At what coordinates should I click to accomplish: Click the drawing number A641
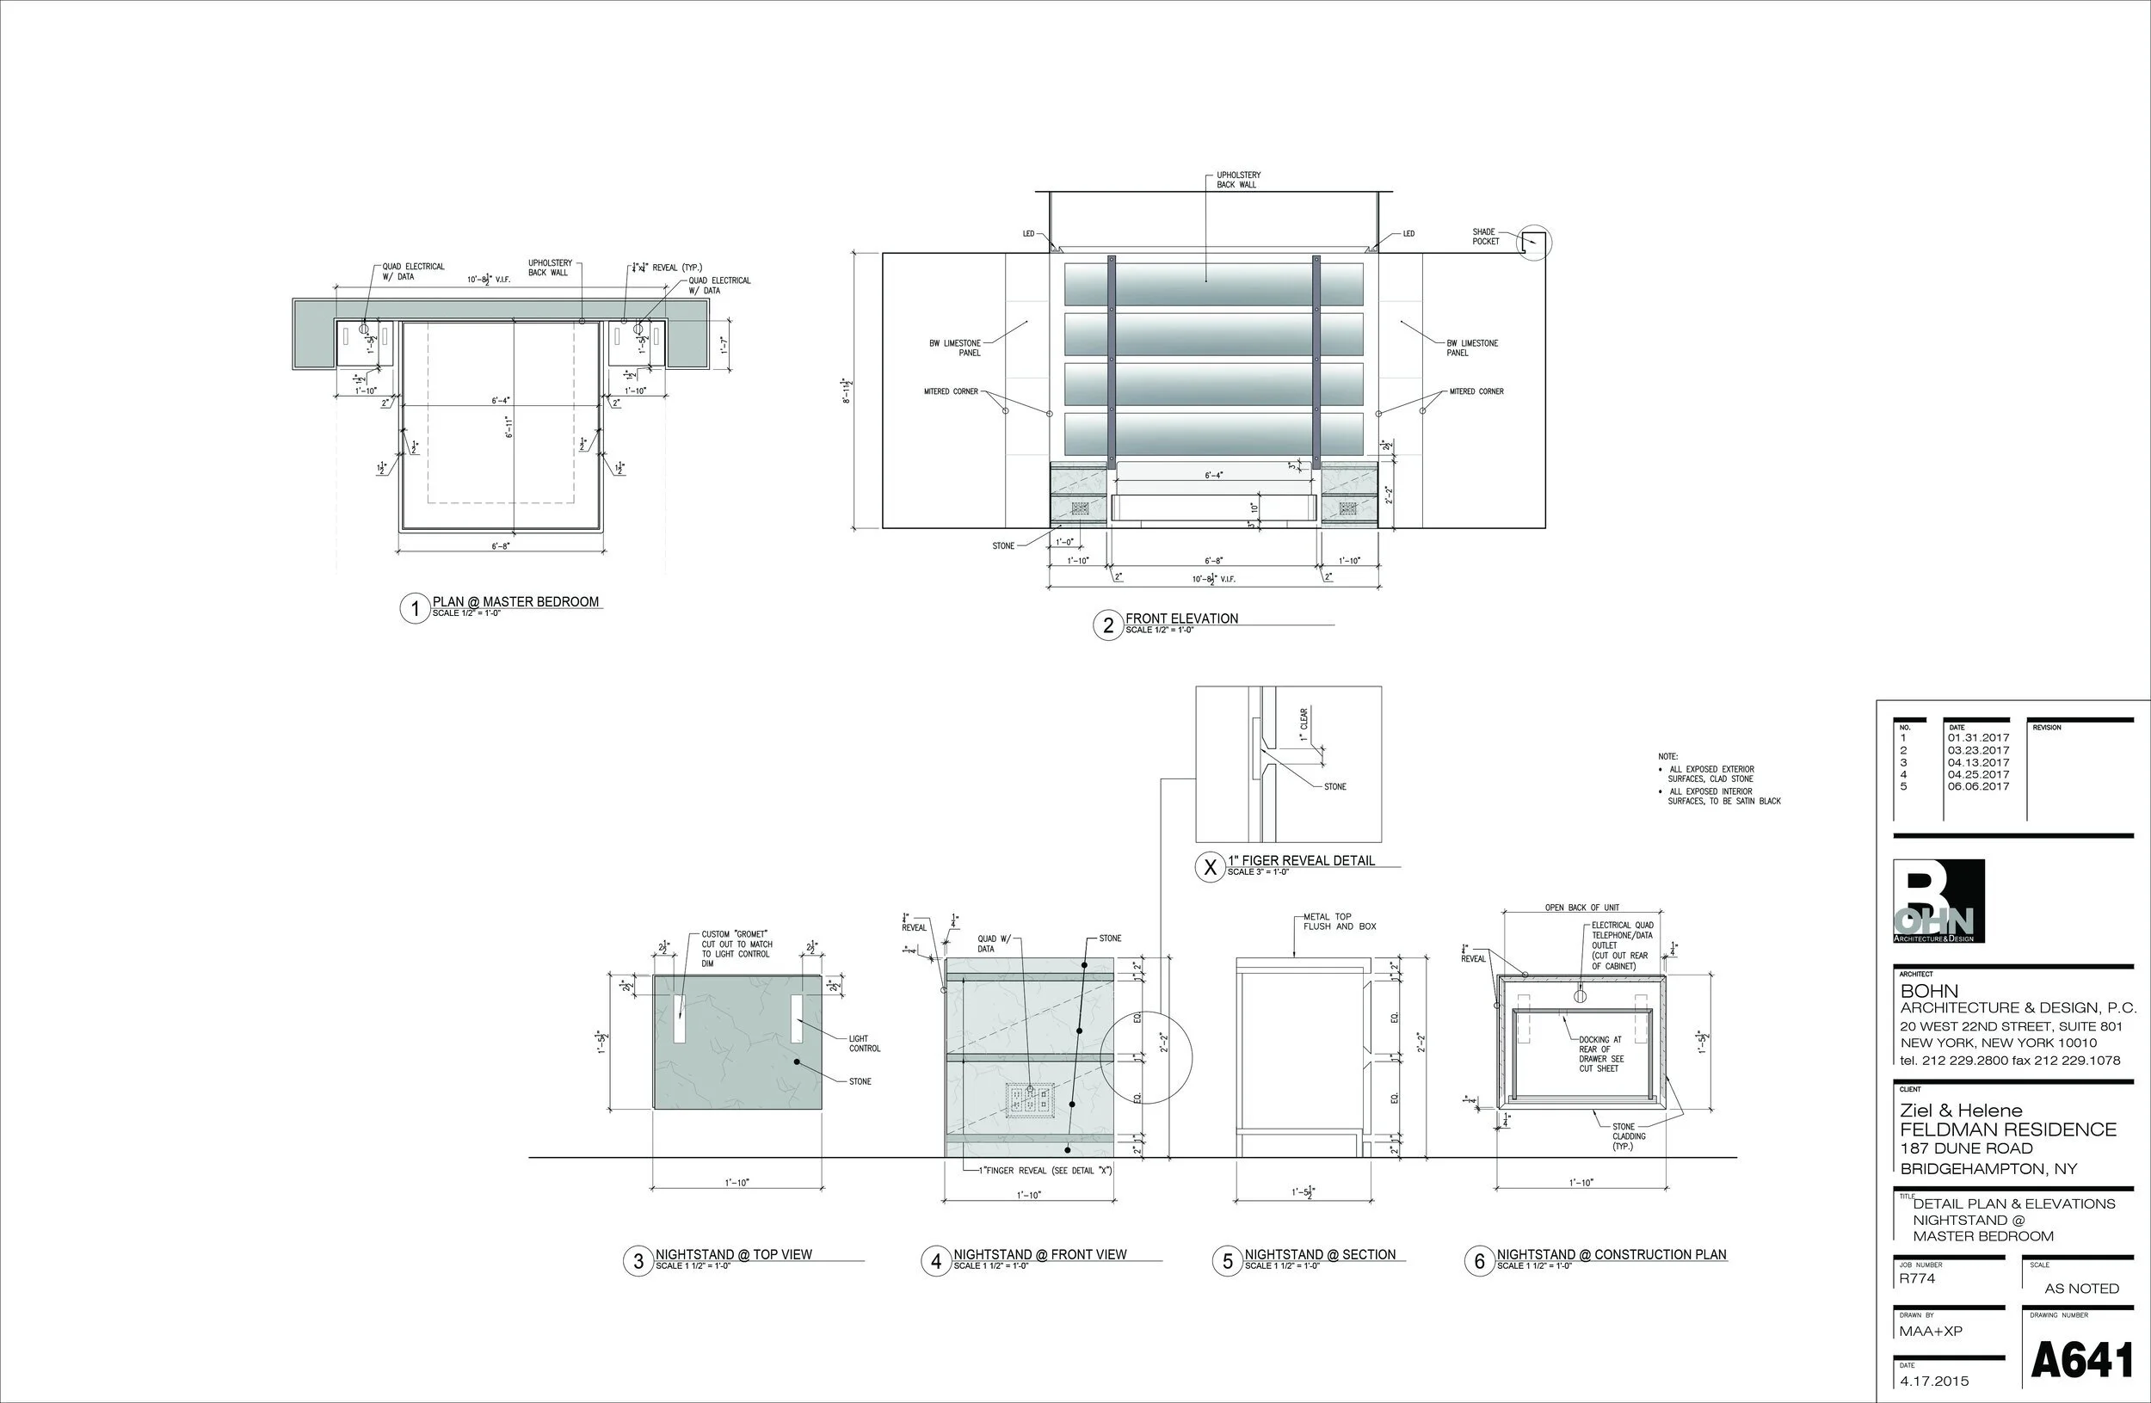2081,1361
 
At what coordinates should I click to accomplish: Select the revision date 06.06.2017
1978,786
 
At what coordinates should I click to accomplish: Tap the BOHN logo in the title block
1938,901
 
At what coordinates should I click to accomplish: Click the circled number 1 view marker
415,608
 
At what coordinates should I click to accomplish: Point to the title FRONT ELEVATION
1181,618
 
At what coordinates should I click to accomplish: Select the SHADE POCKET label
1485,237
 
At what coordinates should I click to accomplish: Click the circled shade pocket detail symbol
1533,242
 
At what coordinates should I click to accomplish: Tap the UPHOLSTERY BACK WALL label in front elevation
1237,180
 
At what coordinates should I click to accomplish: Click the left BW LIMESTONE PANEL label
955,348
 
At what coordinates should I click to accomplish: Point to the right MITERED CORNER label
1476,392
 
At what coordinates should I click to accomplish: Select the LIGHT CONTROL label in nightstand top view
864,1043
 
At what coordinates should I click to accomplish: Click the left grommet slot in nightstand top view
679,1018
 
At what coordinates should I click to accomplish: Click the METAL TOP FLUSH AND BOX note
1339,921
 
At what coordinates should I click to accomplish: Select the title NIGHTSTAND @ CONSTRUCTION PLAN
1611,1255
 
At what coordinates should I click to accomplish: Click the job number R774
1918,1279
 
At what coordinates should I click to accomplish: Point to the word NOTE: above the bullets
1667,756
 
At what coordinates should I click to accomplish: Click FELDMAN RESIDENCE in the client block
2007,1129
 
